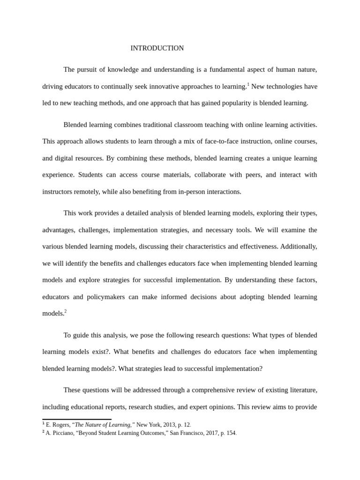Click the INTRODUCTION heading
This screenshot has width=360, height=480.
pos(157,48)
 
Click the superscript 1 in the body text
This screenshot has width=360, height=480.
pos(248,84)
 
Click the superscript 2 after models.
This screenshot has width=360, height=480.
pos(66,311)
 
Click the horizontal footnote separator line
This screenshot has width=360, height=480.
pos(77,419)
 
